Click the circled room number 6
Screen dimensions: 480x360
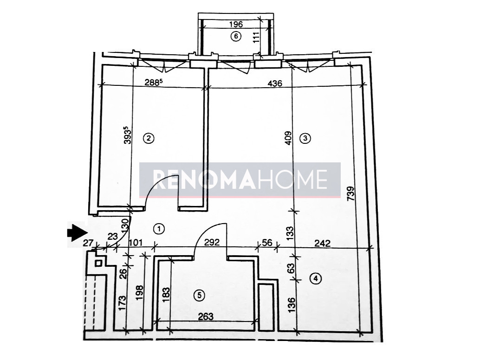(236, 37)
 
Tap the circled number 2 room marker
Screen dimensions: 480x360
(149, 138)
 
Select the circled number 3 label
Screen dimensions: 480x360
(305, 138)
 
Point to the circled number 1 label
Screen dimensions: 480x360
(159, 229)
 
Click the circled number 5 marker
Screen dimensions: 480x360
(199, 296)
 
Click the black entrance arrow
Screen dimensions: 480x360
(77, 231)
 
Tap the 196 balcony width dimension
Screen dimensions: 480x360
(236, 25)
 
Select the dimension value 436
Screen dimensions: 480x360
(275, 83)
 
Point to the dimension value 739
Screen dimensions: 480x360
(351, 193)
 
